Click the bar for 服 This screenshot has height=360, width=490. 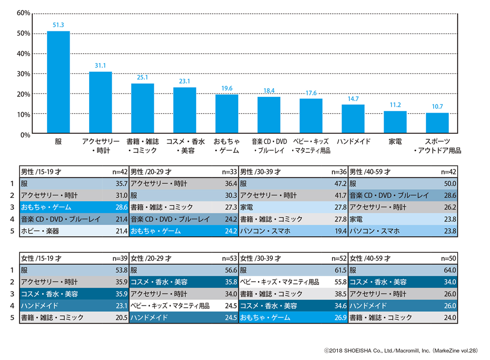(58, 82)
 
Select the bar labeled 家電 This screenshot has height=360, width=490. (395, 122)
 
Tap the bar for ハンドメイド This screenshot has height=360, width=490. (353, 119)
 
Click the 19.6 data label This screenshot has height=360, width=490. (227, 89)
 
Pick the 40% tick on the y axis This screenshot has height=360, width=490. (24, 53)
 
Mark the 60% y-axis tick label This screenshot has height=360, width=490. (24, 13)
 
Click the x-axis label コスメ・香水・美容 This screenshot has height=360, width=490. (185, 146)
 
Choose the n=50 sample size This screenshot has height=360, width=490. (449, 258)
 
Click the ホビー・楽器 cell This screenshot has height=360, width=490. (40, 231)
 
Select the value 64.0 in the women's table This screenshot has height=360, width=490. (450, 270)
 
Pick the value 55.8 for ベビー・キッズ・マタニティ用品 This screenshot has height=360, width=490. (340, 282)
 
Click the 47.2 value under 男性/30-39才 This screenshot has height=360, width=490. (340, 184)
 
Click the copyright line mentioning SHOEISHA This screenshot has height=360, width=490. (400, 351)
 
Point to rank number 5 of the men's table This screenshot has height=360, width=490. (11, 231)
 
